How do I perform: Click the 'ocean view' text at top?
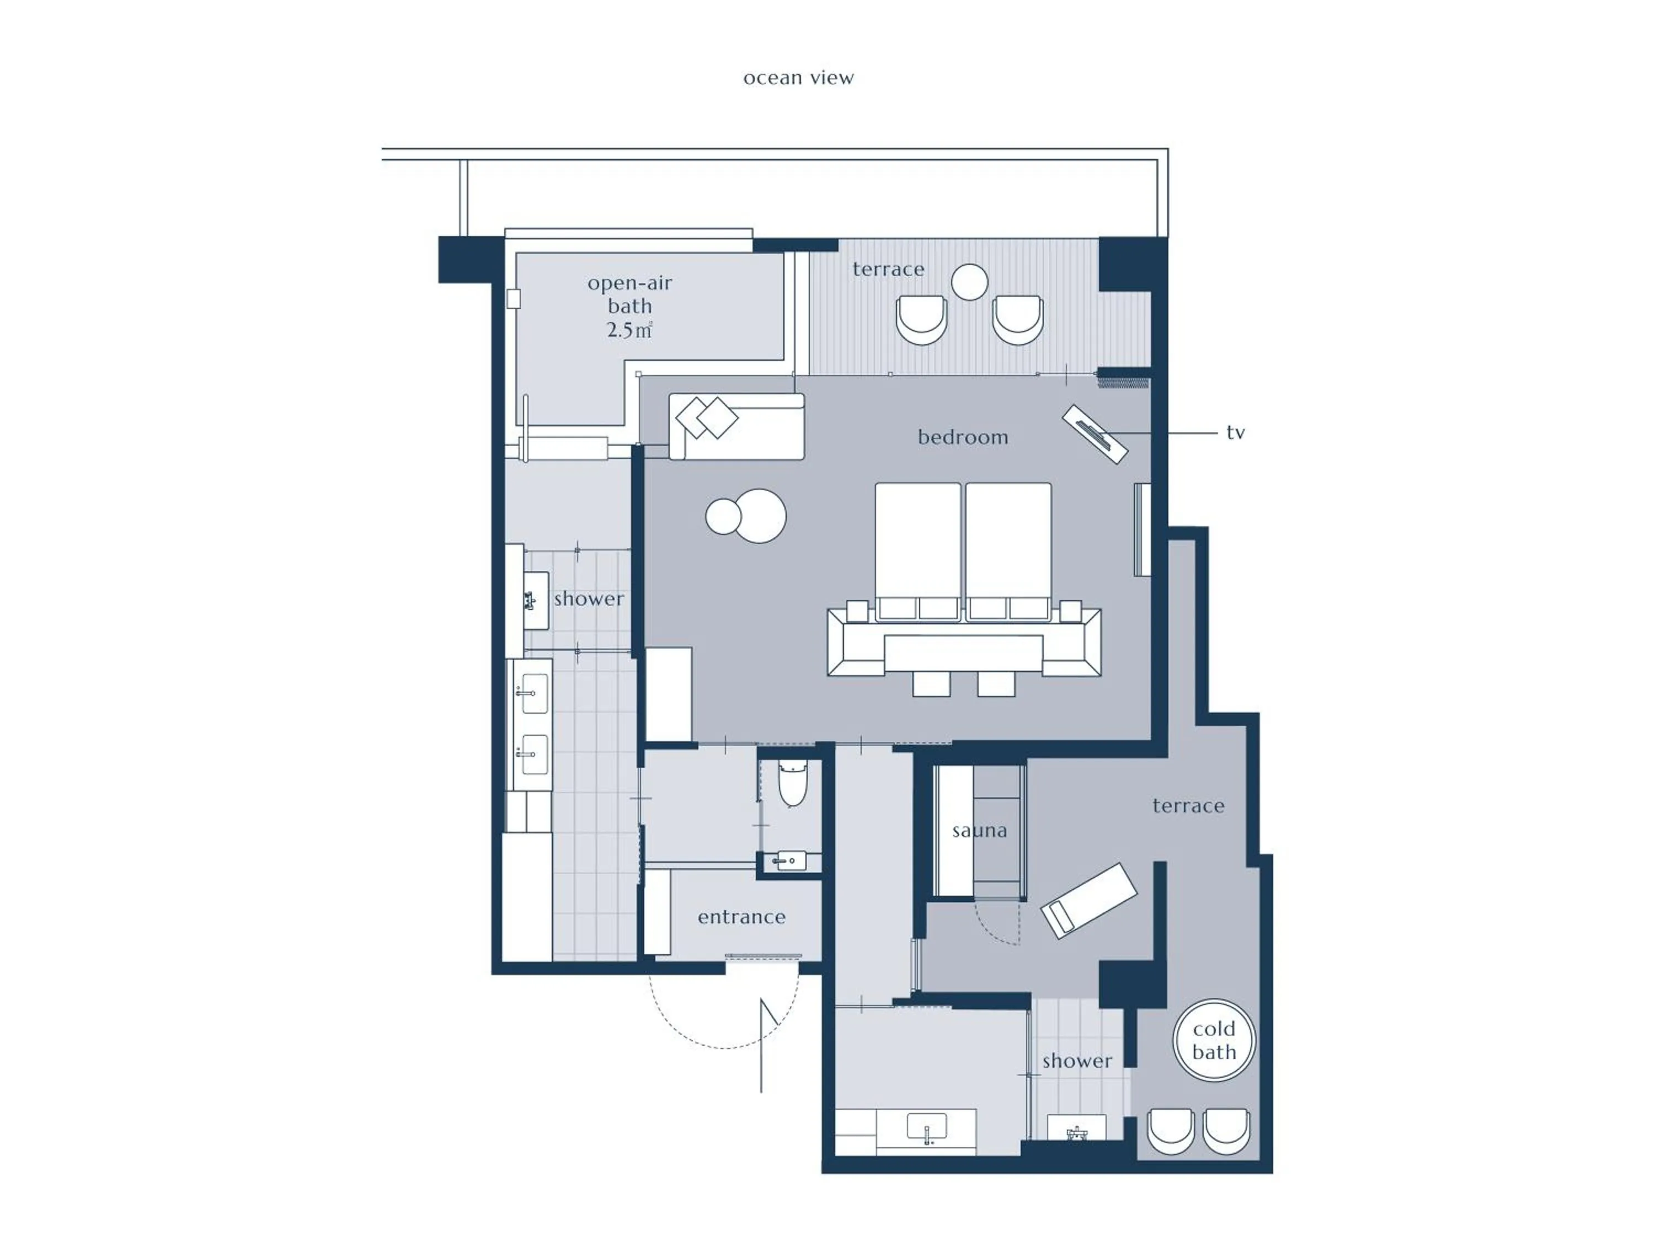tap(798, 78)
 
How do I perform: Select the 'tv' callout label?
tap(1235, 432)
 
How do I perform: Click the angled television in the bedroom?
tap(1095, 435)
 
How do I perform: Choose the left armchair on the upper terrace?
tap(921, 319)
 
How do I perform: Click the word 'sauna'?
tap(979, 830)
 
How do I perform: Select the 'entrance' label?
tap(741, 917)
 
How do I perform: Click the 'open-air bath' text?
tap(629, 294)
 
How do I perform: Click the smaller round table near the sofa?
tap(723, 517)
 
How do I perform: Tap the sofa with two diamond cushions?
tap(736, 426)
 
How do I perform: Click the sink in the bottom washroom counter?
tap(926, 1126)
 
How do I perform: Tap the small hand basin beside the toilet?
tap(789, 861)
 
